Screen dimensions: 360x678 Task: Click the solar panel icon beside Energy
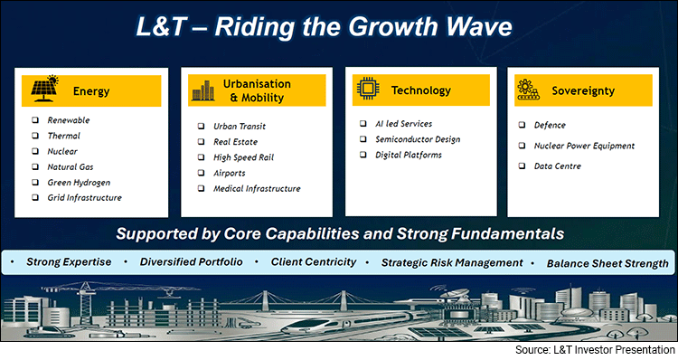(x=43, y=90)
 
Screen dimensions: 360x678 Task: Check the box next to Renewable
(x=34, y=120)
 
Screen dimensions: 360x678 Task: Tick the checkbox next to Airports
(x=200, y=173)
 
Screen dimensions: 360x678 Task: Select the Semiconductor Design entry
(x=418, y=139)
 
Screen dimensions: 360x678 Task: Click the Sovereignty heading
(x=591, y=90)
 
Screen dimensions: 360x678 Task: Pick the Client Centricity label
(x=314, y=262)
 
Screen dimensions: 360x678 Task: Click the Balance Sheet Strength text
(x=605, y=263)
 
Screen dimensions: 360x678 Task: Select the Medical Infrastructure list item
(x=257, y=189)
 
